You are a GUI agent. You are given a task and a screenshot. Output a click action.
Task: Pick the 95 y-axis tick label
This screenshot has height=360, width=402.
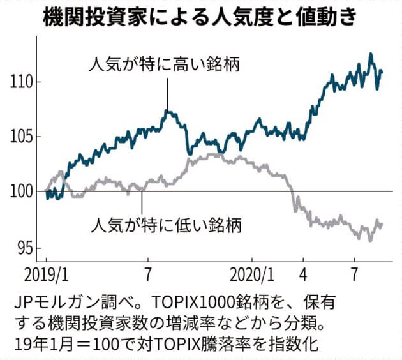(26, 247)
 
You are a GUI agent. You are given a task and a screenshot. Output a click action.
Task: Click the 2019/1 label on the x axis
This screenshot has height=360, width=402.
(47, 274)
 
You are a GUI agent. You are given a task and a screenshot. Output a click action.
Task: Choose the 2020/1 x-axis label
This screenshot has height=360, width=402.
(251, 274)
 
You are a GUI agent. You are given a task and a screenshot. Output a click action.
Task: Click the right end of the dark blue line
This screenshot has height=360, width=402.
(382, 71)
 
